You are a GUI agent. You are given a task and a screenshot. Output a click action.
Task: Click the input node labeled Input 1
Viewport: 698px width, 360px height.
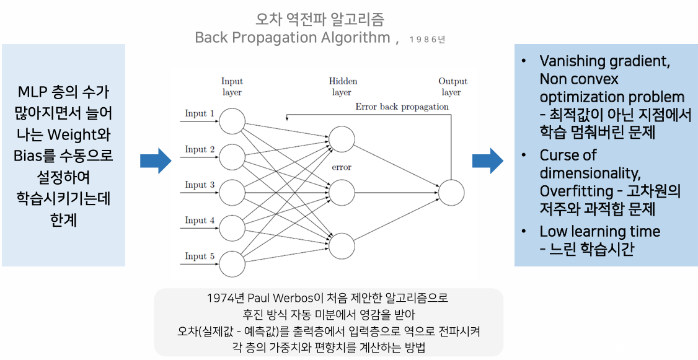pos(232,120)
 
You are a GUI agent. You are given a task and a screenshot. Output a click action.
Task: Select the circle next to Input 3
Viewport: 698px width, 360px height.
pos(232,191)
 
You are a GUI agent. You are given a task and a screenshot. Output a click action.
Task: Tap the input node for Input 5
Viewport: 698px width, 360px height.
pos(232,263)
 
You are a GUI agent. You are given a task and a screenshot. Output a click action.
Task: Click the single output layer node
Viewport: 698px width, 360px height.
pos(451,193)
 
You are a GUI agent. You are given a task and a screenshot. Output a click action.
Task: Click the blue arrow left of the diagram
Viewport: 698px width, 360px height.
pos(155,161)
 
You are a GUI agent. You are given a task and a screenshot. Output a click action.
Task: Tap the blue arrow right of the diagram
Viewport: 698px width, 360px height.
pos(488,161)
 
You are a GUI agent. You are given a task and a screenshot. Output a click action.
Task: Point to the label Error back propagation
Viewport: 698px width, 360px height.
pos(402,107)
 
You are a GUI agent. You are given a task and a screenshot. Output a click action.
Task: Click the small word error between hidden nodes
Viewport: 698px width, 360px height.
pos(342,167)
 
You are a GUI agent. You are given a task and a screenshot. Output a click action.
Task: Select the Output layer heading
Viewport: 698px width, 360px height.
pos(453,87)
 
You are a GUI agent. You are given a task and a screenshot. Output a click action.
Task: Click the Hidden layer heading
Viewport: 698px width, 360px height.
pos(343,87)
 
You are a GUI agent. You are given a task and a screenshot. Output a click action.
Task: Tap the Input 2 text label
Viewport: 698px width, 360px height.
pos(200,149)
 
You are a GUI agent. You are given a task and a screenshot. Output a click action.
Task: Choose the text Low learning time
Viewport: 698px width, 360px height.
pos(599,232)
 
